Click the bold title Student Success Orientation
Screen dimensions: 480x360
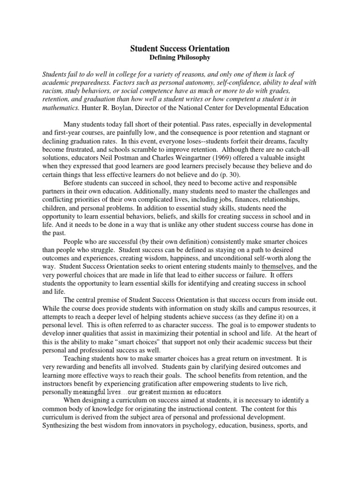tap(180, 48)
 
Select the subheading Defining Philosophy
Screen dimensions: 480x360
tap(180, 57)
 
